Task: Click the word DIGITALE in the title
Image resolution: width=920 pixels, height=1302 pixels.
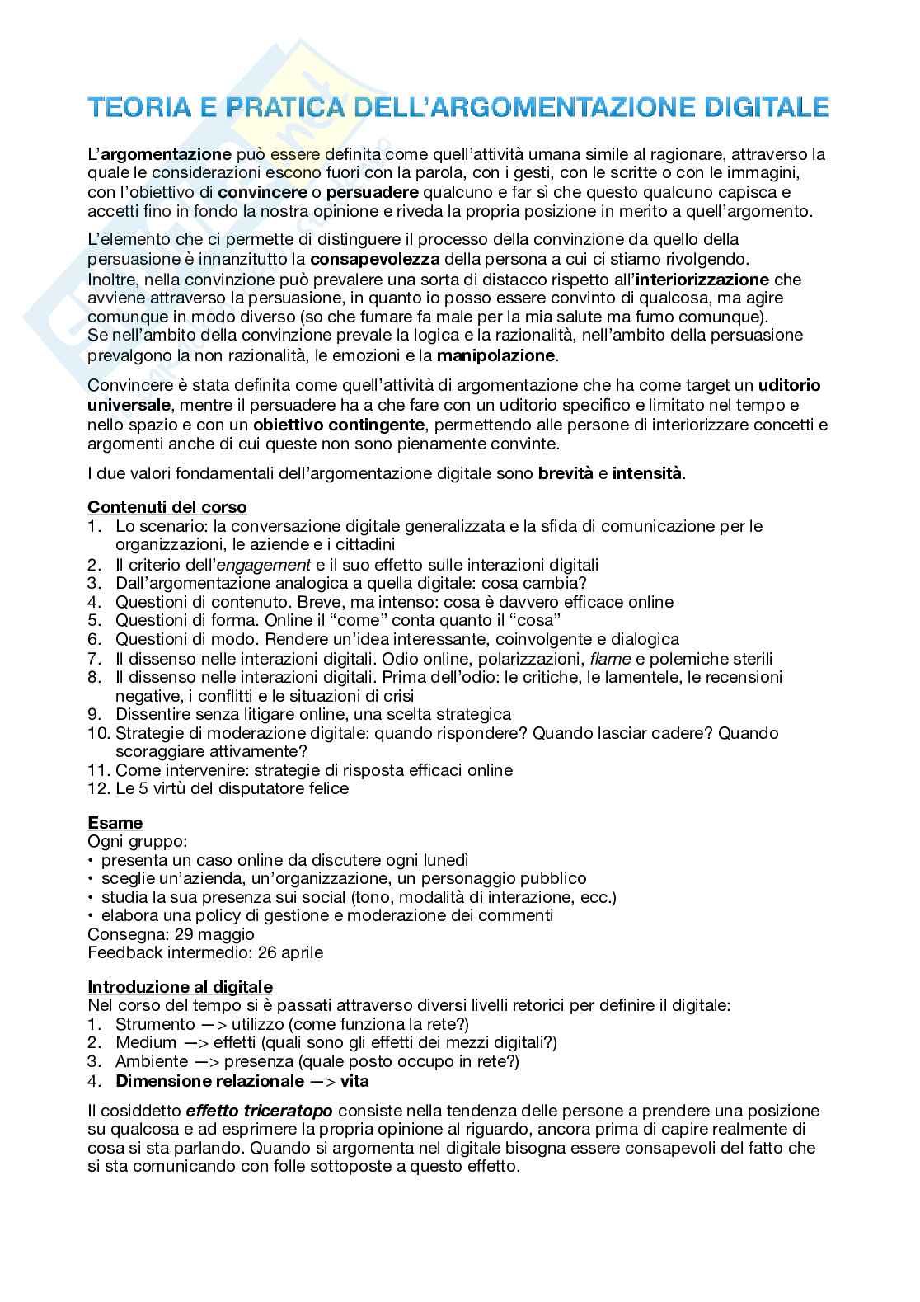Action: tap(768, 108)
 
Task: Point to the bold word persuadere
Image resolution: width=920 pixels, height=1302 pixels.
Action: tap(373, 193)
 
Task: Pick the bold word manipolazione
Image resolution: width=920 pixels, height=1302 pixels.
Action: tap(496, 356)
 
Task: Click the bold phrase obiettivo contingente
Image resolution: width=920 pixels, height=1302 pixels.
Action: tap(340, 425)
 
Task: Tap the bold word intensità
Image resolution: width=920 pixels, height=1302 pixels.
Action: tap(647, 473)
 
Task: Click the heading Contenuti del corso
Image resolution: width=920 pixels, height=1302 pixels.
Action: tap(167, 507)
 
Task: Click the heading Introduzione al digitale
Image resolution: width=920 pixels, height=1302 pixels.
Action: tap(180, 987)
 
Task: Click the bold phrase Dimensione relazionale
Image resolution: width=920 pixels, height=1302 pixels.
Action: tap(209, 1081)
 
